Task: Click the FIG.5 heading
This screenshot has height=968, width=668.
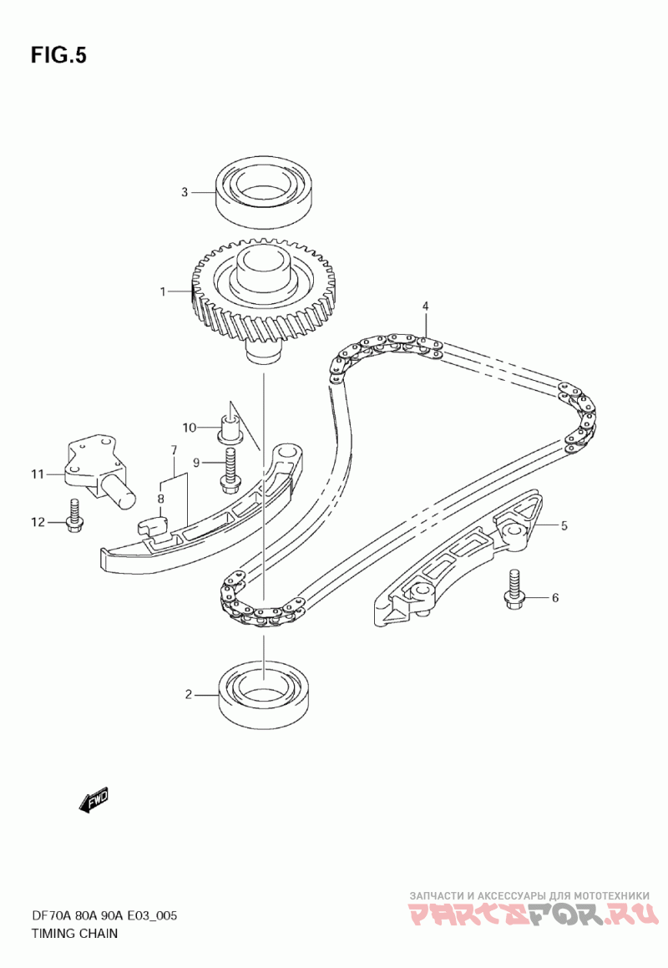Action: [58, 55]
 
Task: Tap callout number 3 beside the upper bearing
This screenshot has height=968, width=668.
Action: [185, 192]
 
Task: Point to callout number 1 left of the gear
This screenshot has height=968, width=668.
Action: [164, 291]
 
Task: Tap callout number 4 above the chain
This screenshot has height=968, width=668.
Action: [425, 307]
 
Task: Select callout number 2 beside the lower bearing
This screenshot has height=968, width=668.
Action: [189, 693]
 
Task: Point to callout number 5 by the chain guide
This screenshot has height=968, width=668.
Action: [564, 525]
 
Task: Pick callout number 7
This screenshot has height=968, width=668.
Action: [174, 450]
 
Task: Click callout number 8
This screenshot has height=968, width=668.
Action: [161, 499]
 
